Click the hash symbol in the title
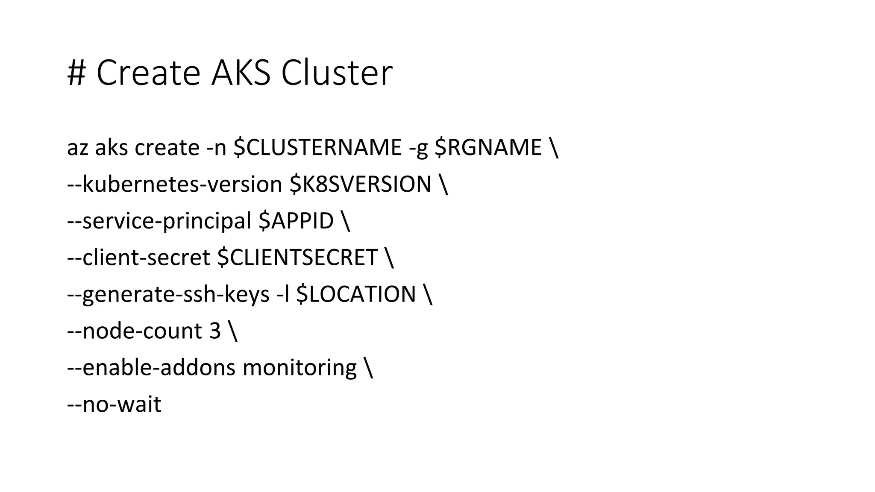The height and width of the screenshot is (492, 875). coord(77,73)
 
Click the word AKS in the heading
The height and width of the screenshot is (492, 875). coord(241,73)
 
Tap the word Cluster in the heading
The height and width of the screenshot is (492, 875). coord(337,73)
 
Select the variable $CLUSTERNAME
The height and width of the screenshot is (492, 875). coord(317,148)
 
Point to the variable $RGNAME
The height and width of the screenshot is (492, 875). coord(488,148)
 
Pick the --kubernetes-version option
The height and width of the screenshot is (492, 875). coord(174,184)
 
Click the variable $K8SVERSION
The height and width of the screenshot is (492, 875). coord(360,184)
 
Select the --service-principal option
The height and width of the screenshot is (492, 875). coord(159,221)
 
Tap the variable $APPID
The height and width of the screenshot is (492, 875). coord(296,221)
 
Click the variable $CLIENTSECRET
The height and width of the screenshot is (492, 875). coord(297,258)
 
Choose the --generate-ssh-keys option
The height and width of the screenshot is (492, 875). coord(168,295)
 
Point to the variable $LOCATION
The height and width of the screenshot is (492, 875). coord(356,295)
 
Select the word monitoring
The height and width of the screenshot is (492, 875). coord(299,368)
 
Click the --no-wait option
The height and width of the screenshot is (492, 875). coord(114,404)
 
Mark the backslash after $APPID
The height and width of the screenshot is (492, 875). coord(346,221)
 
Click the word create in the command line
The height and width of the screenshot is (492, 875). coord(167,148)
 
